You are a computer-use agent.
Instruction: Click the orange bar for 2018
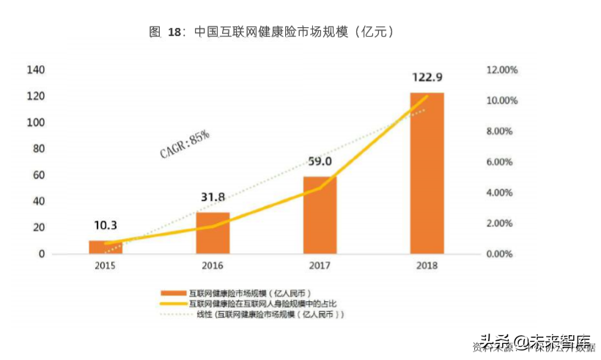tap(427, 174)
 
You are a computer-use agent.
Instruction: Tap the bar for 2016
tap(213, 233)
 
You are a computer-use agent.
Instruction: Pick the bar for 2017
tap(320, 215)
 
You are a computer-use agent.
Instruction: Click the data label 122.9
tap(427, 78)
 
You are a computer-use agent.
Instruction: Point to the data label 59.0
tap(320, 161)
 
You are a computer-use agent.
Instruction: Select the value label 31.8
tap(213, 197)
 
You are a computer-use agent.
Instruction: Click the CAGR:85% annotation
tap(185, 144)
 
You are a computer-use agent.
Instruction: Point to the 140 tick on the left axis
tap(36, 70)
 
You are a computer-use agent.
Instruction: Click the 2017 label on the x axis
tap(320, 265)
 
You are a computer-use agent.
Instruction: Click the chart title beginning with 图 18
tap(272, 32)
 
